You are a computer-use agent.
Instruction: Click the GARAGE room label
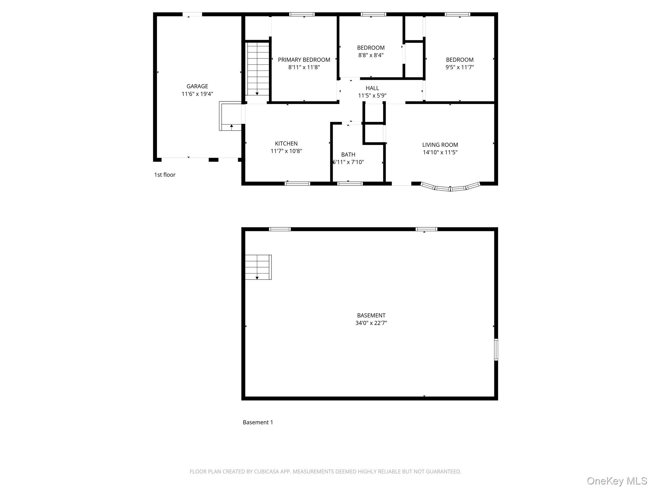pyautogui.click(x=197, y=86)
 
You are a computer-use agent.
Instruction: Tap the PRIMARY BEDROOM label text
pyautogui.click(x=304, y=60)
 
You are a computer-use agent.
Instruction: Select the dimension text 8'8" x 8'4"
pyautogui.click(x=371, y=55)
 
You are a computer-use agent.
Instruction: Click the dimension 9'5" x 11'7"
pyautogui.click(x=460, y=67)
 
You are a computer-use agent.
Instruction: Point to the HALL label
pyautogui.click(x=372, y=88)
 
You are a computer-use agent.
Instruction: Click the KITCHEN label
pyautogui.click(x=286, y=144)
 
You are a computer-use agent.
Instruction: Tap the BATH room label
pyautogui.click(x=348, y=155)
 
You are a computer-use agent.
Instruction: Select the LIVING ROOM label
pyautogui.click(x=440, y=145)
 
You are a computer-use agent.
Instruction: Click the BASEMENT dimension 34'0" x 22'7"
pyautogui.click(x=371, y=323)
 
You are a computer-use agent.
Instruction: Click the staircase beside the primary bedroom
pyautogui.click(x=258, y=68)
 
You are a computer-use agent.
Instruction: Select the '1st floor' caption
pyautogui.click(x=165, y=175)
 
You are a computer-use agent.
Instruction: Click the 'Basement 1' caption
pyautogui.click(x=258, y=422)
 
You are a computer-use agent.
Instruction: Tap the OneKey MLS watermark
pyautogui.click(x=617, y=481)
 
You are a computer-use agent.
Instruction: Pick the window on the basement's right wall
pyautogui.click(x=496, y=349)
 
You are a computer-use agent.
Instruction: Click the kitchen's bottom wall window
pyautogui.click(x=297, y=183)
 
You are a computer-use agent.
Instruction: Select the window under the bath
pyautogui.click(x=350, y=183)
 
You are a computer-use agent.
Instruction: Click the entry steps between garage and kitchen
pyautogui.click(x=231, y=116)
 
